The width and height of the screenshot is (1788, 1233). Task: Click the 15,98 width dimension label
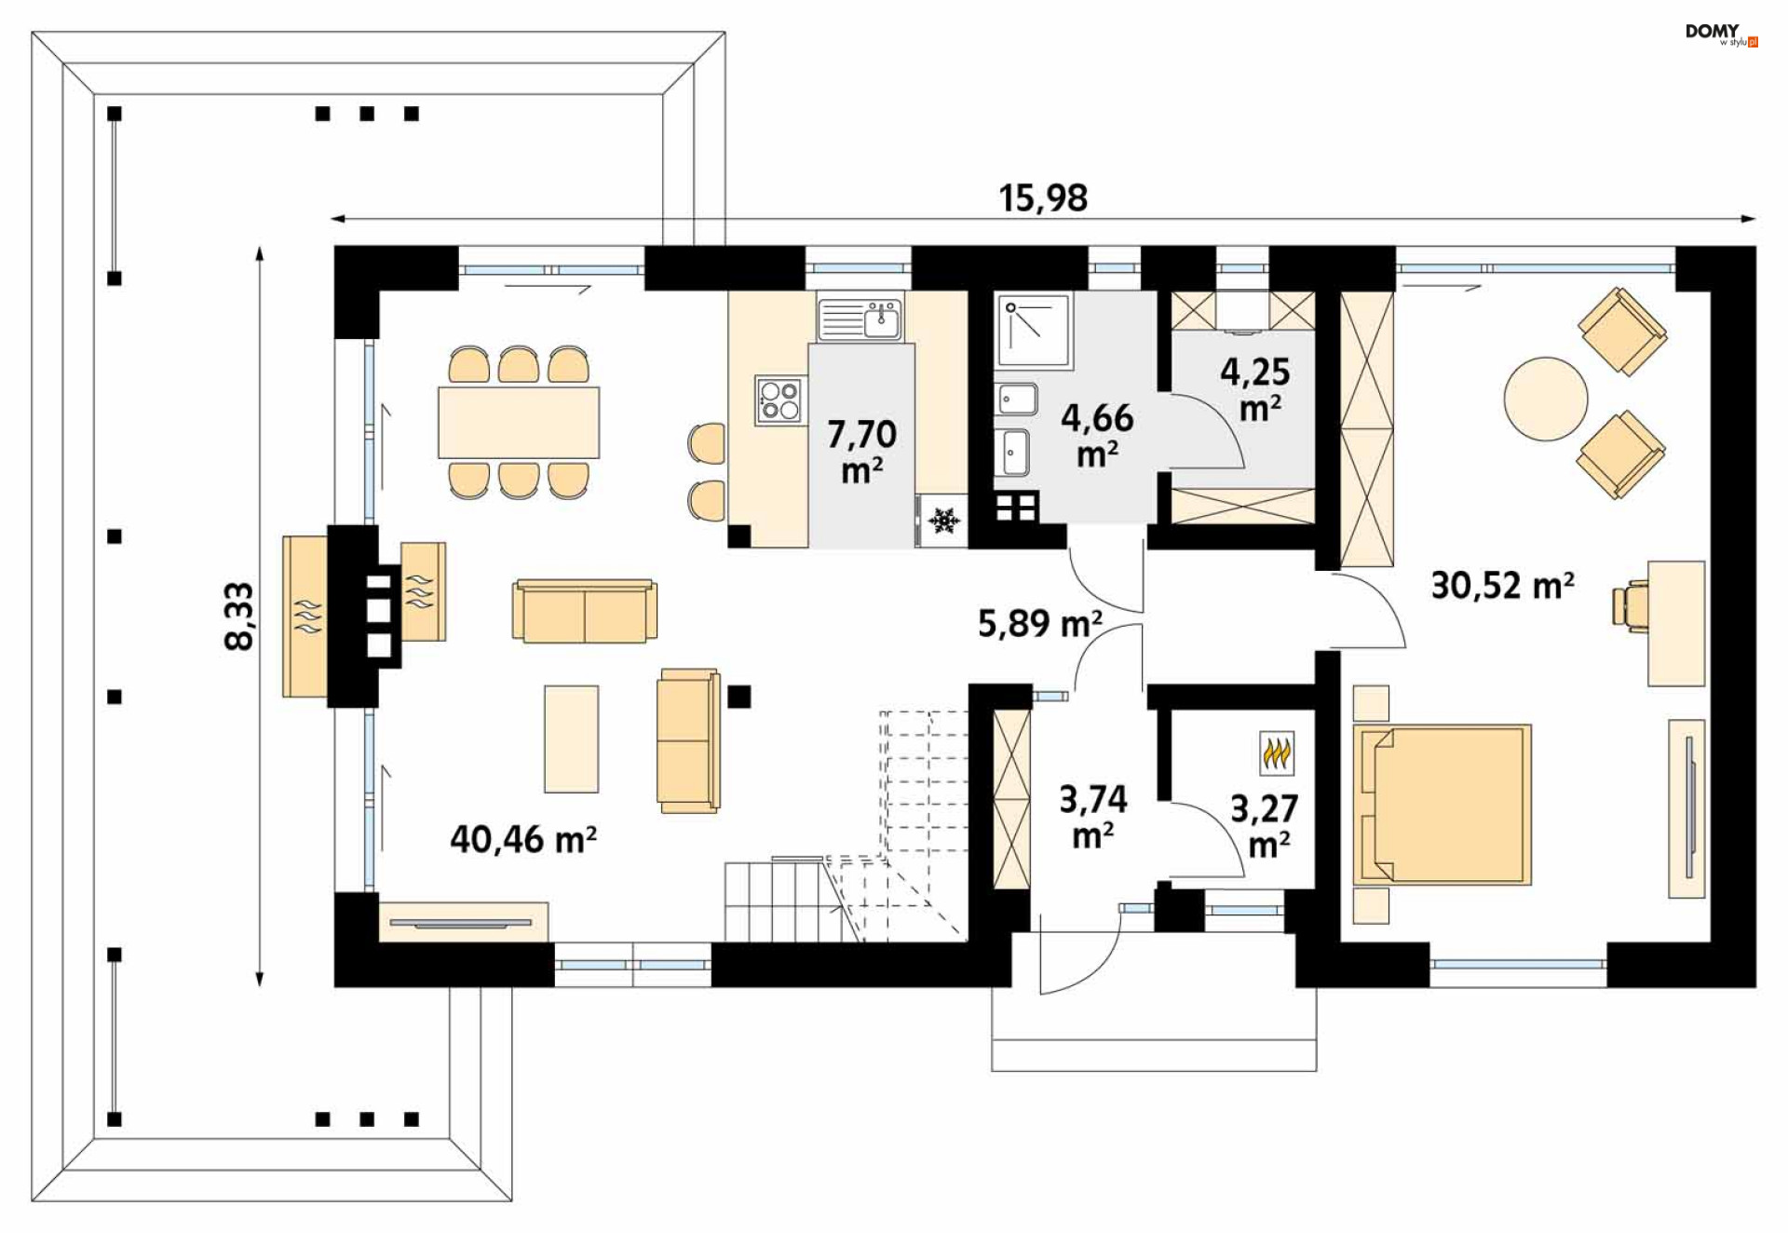pyautogui.click(x=1043, y=198)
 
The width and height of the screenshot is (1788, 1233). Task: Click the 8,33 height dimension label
pyautogui.click(x=239, y=616)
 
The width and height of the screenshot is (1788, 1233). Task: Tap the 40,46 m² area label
pyautogui.click(x=523, y=839)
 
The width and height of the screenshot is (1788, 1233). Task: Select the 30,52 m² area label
pyautogui.click(x=1502, y=586)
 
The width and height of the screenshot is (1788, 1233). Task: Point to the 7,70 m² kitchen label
pyautogui.click(x=861, y=451)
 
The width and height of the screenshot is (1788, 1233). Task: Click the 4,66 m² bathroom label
pyautogui.click(x=1097, y=435)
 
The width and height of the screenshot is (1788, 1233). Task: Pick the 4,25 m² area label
pyautogui.click(x=1255, y=388)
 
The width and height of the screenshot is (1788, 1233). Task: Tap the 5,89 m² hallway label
pyautogui.click(x=1040, y=623)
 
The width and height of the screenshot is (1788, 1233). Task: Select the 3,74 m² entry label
pyautogui.click(x=1093, y=816)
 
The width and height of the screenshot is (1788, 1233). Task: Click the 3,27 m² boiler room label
pyautogui.click(x=1265, y=825)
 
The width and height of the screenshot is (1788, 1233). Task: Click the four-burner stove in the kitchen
pyautogui.click(x=779, y=400)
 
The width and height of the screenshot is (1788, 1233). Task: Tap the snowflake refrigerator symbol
pyautogui.click(x=944, y=521)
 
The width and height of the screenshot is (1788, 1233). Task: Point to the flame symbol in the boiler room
pyautogui.click(x=1277, y=752)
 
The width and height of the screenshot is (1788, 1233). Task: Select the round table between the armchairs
pyautogui.click(x=1545, y=399)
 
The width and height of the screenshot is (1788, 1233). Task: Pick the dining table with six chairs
pyautogui.click(x=519, y=422)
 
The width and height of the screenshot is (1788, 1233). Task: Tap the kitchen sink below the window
pyautogui.click(x=860, y=318)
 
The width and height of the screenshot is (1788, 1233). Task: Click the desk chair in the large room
pyautogui.click(x=1631, y=605)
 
